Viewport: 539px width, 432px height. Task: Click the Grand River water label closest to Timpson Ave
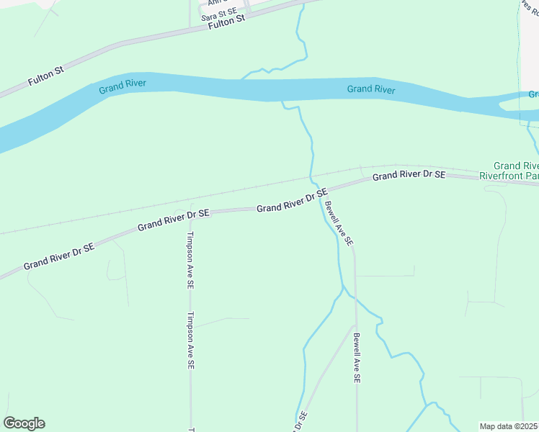[122, 84]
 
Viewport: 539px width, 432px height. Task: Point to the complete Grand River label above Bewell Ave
[370, 89]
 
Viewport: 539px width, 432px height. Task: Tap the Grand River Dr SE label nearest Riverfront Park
[409, 176]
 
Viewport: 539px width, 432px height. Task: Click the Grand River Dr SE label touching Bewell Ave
[292, 202]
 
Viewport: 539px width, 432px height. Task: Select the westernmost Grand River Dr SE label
[59, 256]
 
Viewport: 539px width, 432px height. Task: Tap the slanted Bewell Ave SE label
[339, 224]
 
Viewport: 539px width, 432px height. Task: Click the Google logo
[24, 423]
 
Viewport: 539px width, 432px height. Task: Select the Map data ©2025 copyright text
[508, 426]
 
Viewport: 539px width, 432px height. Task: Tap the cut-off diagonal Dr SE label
[300, 422]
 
